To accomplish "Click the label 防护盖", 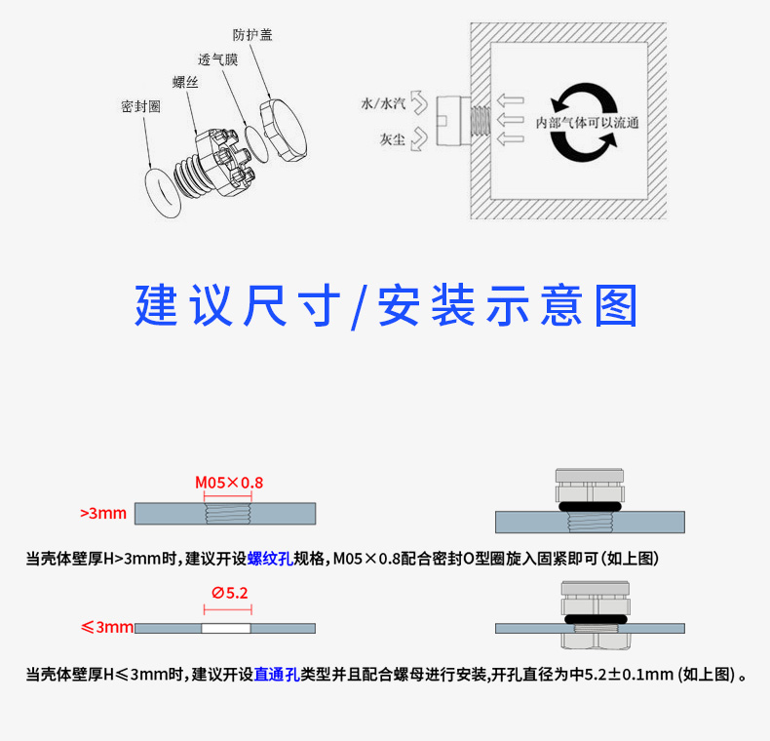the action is click(x=252, y=35).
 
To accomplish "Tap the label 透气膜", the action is click(x=218, y=59).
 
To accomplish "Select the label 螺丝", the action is click(x=185, y=82).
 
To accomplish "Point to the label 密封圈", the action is click(x=141, y=106).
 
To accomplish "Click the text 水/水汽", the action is click(x=383, y=103).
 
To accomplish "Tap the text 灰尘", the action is click(x=393, y=139).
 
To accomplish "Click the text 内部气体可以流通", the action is click(x=588, y=122).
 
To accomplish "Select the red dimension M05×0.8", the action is click(x=229, y=483).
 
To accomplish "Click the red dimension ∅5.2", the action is click(x=230, y=593).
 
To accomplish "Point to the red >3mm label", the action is click(x=103, y=513).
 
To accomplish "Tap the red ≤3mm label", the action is click(x=107, y=627).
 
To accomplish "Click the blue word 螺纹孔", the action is click(x=270, y=559).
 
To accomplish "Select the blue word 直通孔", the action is click(x=277, y=674).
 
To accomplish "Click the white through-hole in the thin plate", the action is click(x=226, y=628).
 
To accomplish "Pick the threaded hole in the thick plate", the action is click(x=228, y=514).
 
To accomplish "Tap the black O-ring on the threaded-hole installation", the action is click(x=591, y=507).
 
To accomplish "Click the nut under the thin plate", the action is click(x=596, y=642).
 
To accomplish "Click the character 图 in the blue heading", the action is click(x=616, y=305).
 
